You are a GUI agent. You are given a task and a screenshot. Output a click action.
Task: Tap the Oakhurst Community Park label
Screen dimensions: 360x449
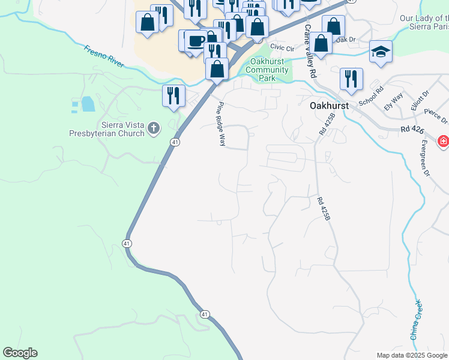270,70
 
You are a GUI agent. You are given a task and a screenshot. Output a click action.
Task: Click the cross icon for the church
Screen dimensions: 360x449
154,128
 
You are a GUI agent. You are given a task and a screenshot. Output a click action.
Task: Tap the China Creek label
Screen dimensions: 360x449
415,319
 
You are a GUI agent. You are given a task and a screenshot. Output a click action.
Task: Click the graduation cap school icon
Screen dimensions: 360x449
381,52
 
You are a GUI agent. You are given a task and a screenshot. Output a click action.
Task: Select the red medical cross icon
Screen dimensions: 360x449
444,142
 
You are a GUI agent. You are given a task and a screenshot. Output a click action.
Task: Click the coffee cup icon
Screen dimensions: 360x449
195,40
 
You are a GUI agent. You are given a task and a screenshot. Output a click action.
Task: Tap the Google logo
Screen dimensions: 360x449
20,353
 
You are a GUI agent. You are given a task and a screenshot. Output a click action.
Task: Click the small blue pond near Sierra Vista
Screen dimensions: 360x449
88,104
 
